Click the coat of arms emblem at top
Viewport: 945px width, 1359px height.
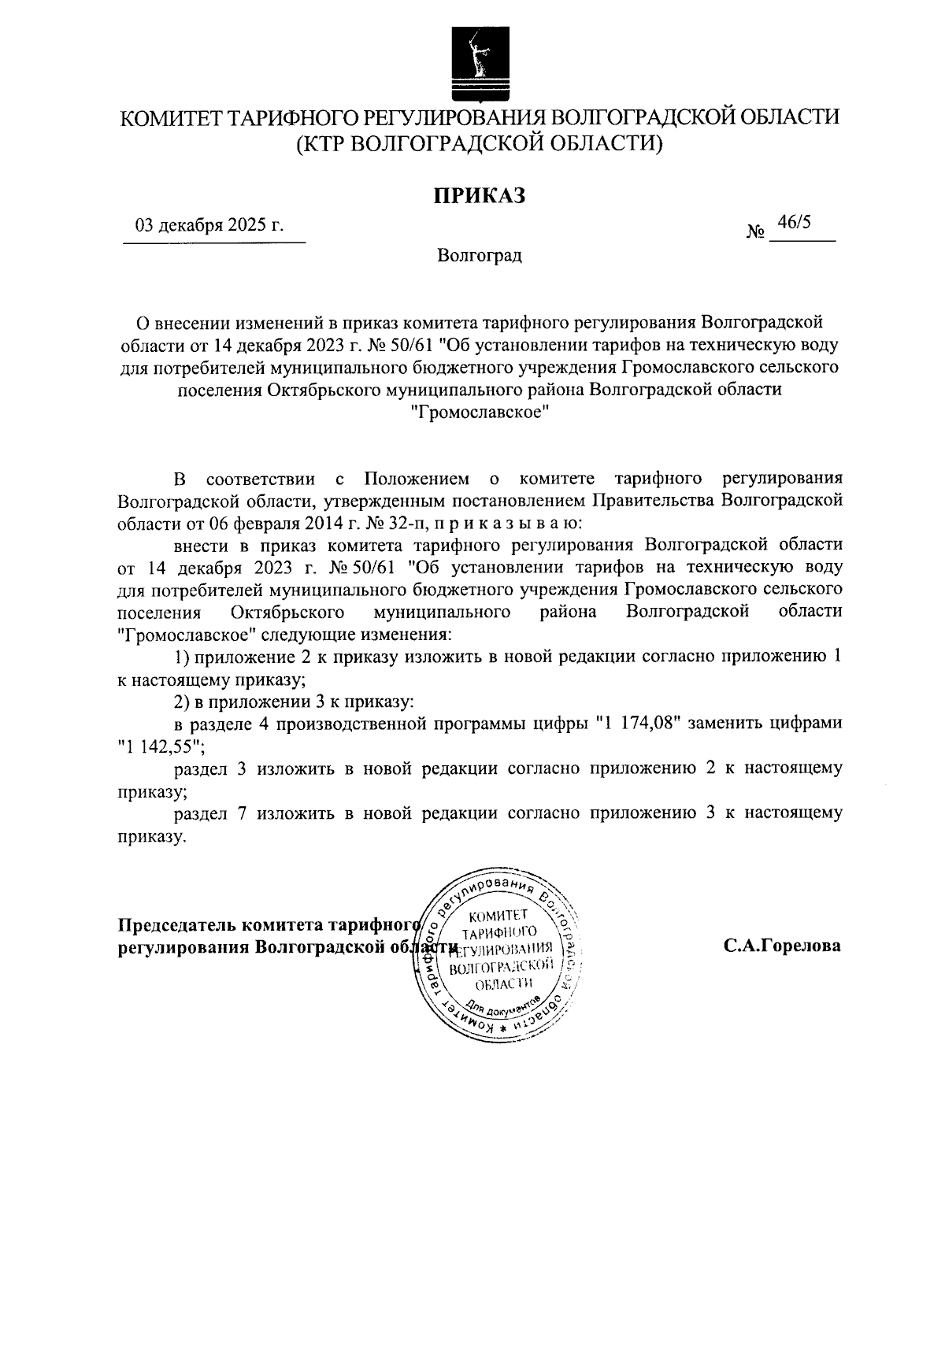coord(474,64)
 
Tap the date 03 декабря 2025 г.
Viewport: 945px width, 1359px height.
coord(209,226)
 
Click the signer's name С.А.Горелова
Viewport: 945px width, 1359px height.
coord(782,946)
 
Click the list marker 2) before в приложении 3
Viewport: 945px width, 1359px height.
coord(181,701)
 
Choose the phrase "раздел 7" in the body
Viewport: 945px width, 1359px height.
coord(212,813)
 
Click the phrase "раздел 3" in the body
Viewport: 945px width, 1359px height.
coord(212,768)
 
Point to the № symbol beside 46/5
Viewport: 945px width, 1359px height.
coord(755,233)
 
